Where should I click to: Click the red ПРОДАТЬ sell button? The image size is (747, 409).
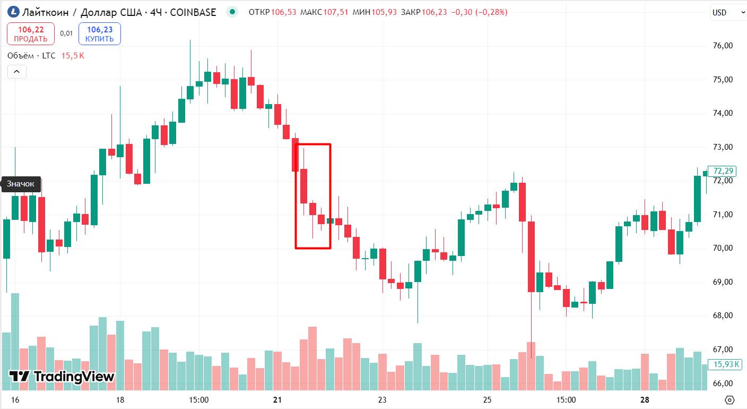pos(30,34)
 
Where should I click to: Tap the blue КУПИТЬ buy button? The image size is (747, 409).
pos(99,34)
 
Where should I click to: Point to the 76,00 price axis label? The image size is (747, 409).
pos(723,46)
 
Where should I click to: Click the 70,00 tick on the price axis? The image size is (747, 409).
pos(723,248)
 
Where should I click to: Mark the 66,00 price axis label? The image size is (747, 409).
pos(723,383)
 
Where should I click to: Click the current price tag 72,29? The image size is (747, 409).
pos(723,171)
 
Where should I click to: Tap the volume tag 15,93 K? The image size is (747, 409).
pos(726,364)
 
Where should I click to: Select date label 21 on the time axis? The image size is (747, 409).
pos(277,400)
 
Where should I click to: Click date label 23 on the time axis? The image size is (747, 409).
pos(382,400)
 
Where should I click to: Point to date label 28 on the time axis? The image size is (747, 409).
pos(645,400)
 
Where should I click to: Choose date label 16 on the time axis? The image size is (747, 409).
pos(15,400)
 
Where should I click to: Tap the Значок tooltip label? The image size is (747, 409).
pos(21,184)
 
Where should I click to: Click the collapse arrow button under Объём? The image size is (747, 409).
pos(16,71)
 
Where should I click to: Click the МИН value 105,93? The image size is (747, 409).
pos(384,12)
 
